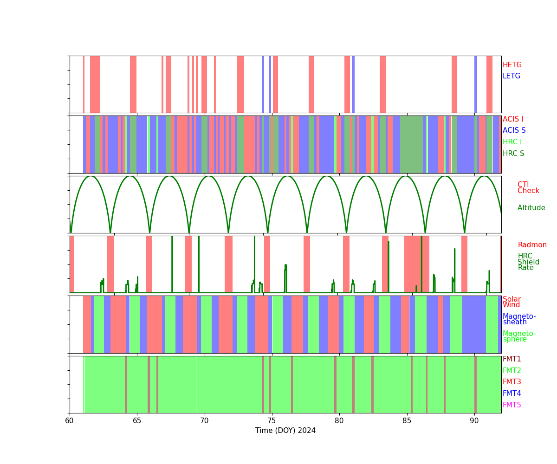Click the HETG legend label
pos(512,65)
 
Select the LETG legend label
pos(512,76)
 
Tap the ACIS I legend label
pos(513,119)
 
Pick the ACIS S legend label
pos(514,130)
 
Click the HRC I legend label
pos(512,142)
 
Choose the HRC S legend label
pos(513,154)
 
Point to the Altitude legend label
pos(531,208)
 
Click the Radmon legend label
pos(532,245)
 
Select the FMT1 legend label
pos(512,359)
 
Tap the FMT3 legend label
pos(512,382)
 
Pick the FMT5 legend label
pos(512,405)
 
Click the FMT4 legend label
pos(512,393)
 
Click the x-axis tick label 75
pos(272,420)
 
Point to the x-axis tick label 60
pos(70,420)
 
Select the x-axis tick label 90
pos(474,420)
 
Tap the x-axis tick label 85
pos(407,420)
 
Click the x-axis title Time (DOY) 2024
pos(285,431)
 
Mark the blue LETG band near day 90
pos(476,84)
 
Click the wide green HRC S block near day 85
pos(412,144)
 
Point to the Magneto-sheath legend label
pos(519,319)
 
